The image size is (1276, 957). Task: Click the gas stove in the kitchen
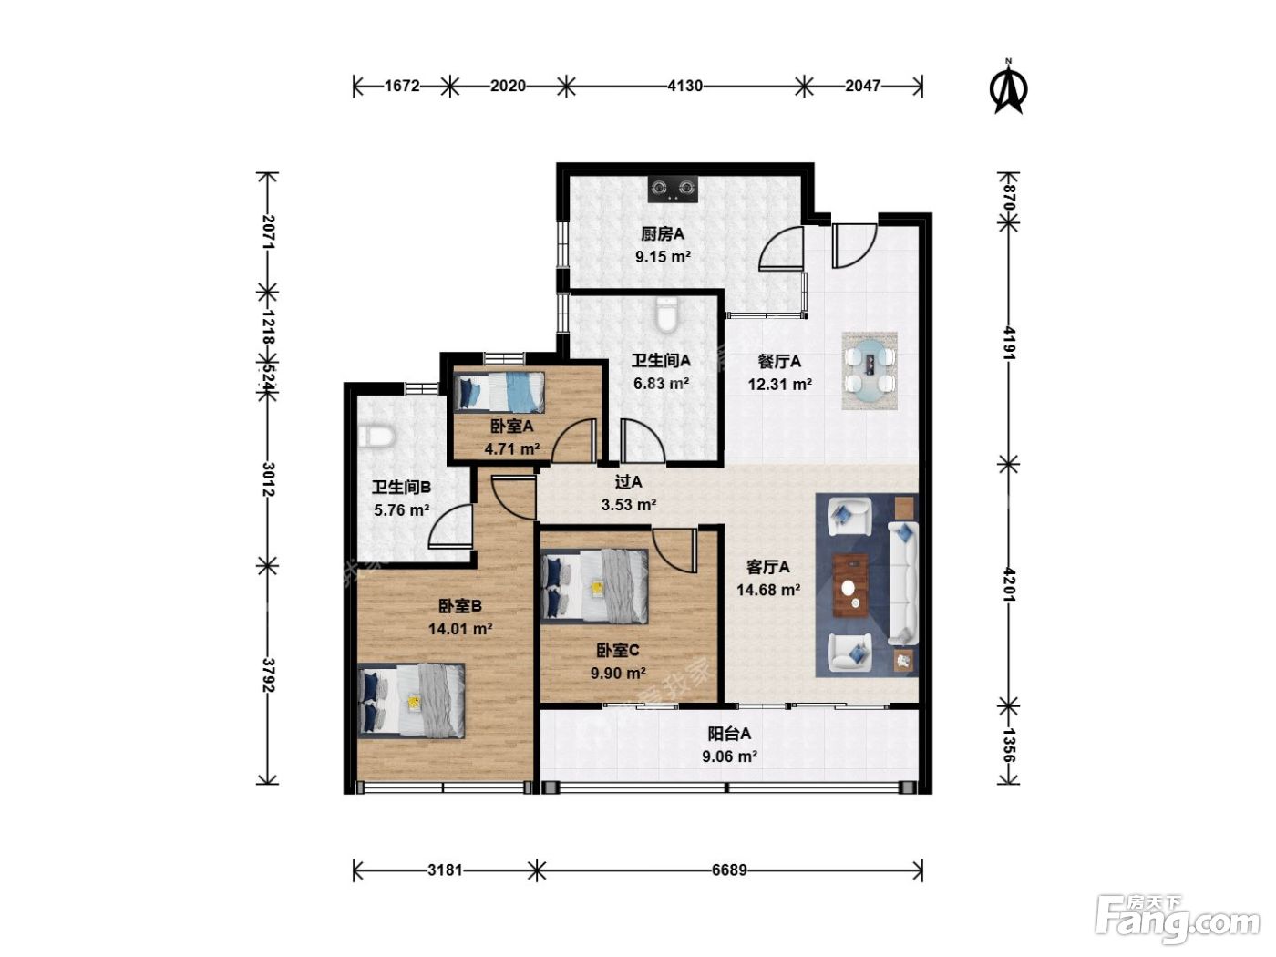coord(674,190)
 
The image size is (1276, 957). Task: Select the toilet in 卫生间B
coord(376,437)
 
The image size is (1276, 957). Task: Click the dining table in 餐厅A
coord(870,370)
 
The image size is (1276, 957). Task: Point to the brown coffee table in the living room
coord(850,584)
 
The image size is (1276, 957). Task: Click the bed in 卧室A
coord(499,393)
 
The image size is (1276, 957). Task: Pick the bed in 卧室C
coord(594,586)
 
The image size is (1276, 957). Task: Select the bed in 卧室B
coord(411,701)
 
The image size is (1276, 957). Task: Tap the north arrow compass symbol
coord(1009,87)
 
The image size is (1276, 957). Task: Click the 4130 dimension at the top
coord(684,86)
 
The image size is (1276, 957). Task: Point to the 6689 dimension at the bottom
coord(729,870)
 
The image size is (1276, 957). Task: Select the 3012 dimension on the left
coord(268,478)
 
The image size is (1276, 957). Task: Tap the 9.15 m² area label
coord(663,256)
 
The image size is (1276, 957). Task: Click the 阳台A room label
coord(729,734)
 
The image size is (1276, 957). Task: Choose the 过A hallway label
coord(628,482)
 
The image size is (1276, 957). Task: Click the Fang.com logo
coord(1178,921)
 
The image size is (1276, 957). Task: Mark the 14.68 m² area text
coord(768,590)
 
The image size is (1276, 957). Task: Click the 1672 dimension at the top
coord(402,86)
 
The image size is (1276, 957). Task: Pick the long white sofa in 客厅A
coord(903,582)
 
